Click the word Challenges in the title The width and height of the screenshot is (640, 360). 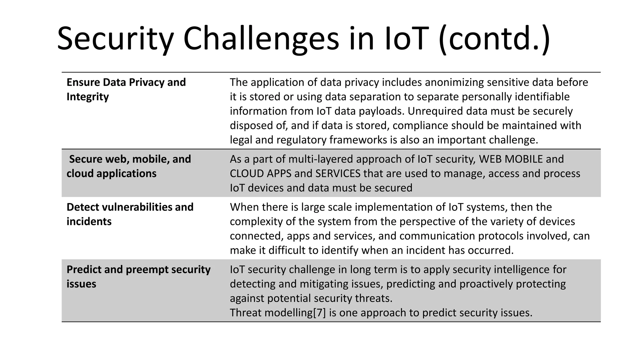click(261, 39)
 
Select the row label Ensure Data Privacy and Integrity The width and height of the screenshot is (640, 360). click(126, 89)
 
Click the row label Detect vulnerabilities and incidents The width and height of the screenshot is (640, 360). click(130, 214)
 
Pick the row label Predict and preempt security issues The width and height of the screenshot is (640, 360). click(138, 277)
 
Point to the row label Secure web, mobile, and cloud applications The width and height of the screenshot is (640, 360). click(128, 166)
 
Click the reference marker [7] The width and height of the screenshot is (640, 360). click(319, 312)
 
